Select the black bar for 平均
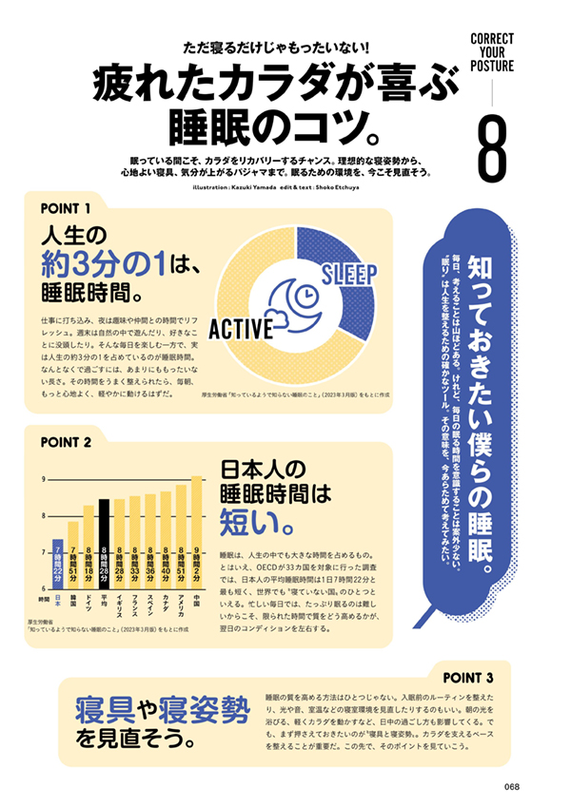[104, 542]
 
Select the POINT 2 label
[67, 442]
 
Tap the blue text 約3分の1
[104, 259]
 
